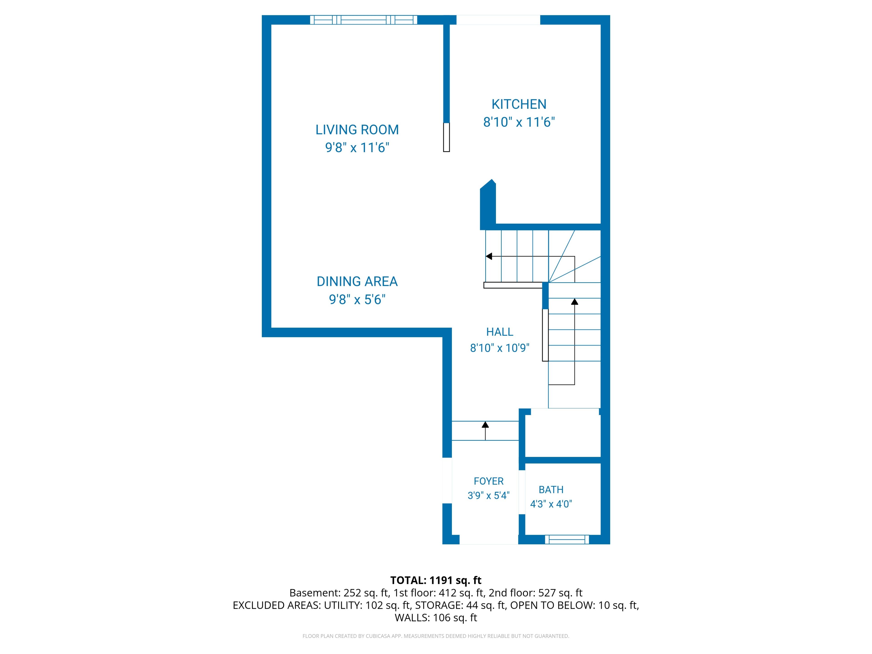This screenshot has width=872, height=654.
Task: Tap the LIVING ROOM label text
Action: pos(357,130)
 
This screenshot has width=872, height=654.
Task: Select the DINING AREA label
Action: pos(357,281)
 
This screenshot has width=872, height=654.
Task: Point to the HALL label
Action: pos(499,332)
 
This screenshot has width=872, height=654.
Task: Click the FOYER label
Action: pos(488,481)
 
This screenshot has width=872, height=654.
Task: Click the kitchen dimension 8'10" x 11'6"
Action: pos(519,122)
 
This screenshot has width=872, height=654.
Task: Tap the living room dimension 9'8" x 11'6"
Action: pos(357,148)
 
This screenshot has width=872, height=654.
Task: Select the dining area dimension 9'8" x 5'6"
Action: pos(357,300)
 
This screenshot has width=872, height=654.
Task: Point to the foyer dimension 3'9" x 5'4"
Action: pos(488,495)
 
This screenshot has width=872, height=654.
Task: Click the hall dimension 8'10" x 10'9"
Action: pos(499,348)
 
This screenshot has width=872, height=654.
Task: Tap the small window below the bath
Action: pos(567,540)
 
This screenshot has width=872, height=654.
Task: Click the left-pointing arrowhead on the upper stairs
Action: pos(489,256)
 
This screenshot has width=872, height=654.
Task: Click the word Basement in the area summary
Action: pos(314,593)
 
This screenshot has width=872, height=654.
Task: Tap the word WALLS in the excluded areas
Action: pos(411,618)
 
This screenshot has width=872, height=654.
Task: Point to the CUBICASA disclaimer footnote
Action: pos(436,636)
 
